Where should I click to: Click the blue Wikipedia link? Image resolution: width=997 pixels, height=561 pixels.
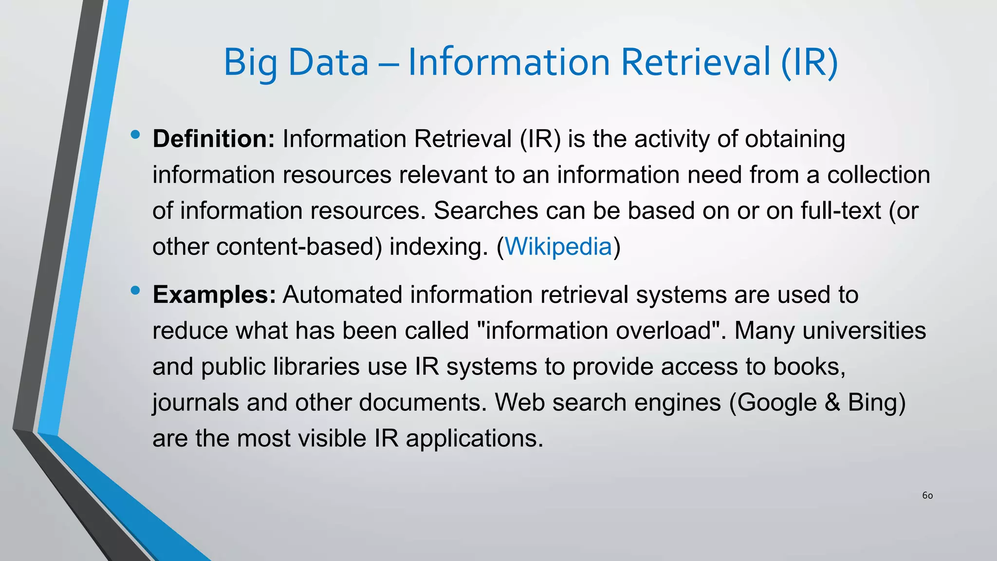click(x=558, y=246)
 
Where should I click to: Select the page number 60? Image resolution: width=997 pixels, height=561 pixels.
click(x=927, y=496)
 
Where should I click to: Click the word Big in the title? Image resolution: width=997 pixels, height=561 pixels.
click(x=250, y=63)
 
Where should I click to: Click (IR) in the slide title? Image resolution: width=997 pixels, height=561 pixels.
click(x=810, y=63)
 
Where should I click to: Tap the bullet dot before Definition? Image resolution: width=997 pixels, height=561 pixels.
click(x=135, y=135)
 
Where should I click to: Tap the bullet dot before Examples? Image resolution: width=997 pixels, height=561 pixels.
click(x=135, y=291)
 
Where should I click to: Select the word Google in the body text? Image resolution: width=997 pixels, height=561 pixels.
click(x=776, y=403)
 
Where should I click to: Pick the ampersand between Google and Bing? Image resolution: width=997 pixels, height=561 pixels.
click(x=833, y=403)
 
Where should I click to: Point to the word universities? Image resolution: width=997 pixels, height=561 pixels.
click(x=864, y=331)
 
